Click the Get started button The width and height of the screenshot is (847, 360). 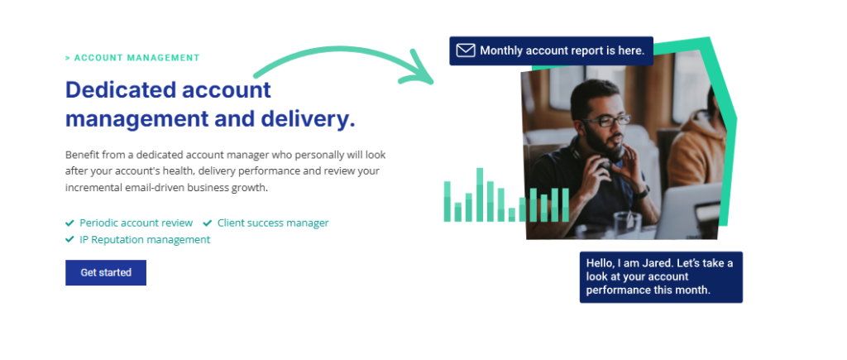pyautogui.click(x=106, y=272)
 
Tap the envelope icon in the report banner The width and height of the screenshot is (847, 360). pyautogui.click(x=465, y=50)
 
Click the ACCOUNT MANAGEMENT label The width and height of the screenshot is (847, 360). pyautogui.click(x=132, y=58)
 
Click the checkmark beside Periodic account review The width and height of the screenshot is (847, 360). pyautogui.click(x=69, y=223)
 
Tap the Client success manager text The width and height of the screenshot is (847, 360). pyautogui.click(x=273, y=223)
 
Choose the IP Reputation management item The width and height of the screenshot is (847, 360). pyautogui.click(x=145, y=239)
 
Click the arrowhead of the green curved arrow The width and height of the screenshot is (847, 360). pyautogui.click(x=419, y=69)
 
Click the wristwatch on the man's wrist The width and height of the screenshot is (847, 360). pyautogui.click(x=643, y=191)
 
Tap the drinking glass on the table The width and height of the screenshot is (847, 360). pyautogui.click(x=627, y=224)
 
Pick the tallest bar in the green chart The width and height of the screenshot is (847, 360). pyautogui.click(x=480, y=194)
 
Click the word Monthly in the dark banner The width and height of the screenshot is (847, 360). pyautogui.click(x=501, y=50)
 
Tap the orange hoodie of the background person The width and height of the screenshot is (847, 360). pyautogui.click(x=696, y=151)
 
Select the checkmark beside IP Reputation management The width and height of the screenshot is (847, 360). pyautogui.click(x=69, y=239)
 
